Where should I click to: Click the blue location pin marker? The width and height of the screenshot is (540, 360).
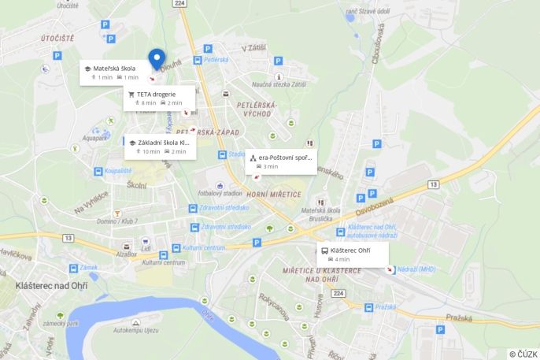coord(157,59)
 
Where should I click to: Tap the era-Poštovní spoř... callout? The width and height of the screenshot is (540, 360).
coord(281,161)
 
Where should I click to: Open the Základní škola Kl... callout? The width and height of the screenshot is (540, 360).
coord(160,147)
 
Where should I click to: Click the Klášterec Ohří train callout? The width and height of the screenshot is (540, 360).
coord(353,254)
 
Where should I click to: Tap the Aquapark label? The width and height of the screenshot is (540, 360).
coord(94,138)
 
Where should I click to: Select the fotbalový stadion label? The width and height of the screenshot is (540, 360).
coord(220,192)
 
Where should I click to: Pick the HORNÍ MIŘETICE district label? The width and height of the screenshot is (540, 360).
coord(274,194)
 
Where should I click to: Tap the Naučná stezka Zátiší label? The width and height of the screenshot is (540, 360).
coord(278,84)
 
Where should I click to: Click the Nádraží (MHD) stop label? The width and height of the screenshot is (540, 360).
coord(416,269)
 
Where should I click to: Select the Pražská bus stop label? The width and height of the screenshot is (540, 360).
coord(385,306)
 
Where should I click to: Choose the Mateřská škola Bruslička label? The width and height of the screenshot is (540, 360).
coord(315,215)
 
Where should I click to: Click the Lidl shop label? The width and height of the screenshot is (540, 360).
coord(146,249)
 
